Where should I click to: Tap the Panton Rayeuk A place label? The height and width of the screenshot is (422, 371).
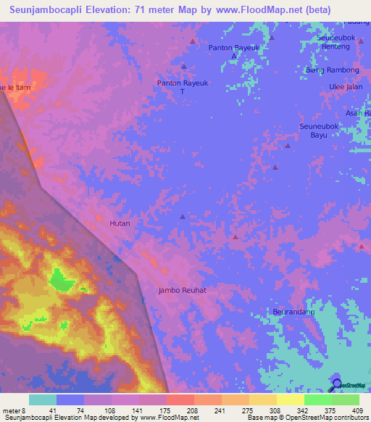coord(233,51)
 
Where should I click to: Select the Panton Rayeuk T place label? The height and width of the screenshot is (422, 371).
coord(183,87)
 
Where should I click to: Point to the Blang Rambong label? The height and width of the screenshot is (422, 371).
coord(332,70)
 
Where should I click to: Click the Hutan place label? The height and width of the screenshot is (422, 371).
coord(120,223)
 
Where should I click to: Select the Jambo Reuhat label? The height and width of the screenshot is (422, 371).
coord(183,290)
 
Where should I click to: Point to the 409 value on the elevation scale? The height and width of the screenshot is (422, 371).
coord(358,410)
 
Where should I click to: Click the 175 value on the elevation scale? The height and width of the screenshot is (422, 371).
coord(165,410)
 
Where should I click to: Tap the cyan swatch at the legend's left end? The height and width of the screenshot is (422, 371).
coord(43,400)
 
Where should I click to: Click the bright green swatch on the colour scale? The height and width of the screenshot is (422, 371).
coord(317,400)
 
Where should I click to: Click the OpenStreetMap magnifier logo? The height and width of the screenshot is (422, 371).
coord(336,384)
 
